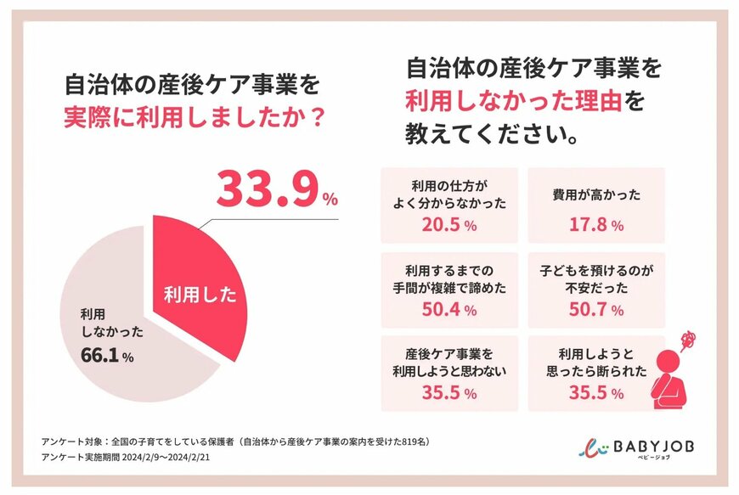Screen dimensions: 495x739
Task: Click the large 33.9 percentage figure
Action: [x=267, y=189]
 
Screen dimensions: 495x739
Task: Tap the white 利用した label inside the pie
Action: [x=200, y=298]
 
